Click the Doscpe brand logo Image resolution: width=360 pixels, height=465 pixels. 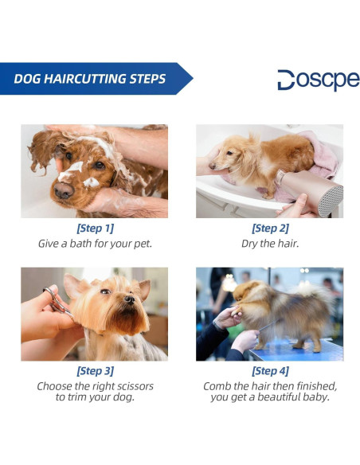coord(318,80)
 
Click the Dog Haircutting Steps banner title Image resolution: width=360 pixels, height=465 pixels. coord(89,79)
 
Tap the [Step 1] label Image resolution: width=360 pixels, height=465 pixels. coord(95,229)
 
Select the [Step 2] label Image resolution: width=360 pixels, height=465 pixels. coord(270,229)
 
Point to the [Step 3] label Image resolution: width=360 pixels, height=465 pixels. coord(95,371)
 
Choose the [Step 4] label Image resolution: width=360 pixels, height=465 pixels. coord(270,371)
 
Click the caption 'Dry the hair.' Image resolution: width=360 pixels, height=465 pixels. coord(270,243)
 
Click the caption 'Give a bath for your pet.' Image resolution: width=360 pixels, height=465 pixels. coord(95,243)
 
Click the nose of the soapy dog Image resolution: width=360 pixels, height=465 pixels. coord(63,190)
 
